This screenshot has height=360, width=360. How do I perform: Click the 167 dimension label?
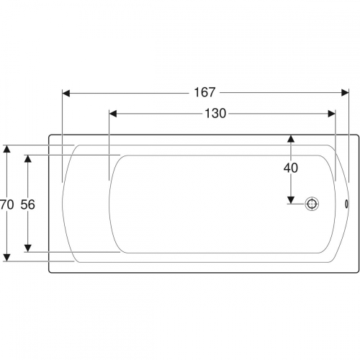point(204,92)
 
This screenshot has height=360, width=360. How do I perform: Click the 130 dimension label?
point(215,113)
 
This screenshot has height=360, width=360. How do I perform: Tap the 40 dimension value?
point(291,168)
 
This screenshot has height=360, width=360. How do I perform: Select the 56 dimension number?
point(27,204)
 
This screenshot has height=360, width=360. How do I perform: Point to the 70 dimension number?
point(6,204)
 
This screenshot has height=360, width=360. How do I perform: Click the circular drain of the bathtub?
point(312,204)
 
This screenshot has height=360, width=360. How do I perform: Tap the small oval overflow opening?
point(346,204)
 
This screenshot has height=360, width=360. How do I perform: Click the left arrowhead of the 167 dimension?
point(66,93)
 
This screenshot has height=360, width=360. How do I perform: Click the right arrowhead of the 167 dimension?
point(345,93)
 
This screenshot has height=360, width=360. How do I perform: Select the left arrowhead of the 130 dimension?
point(113,114)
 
